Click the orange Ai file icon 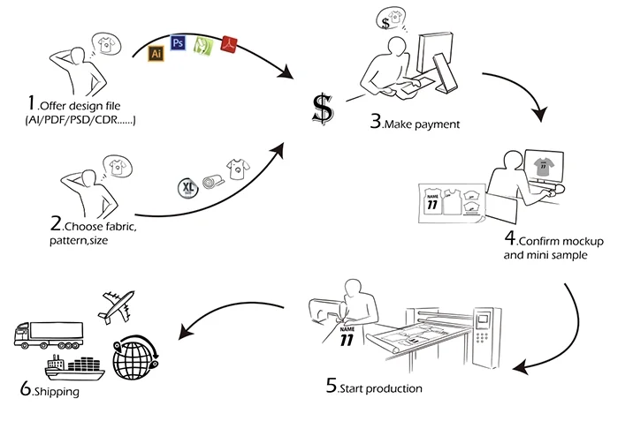(156, 52)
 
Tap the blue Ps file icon (178, 42)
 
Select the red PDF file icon (228, 41)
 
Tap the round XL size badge (188, 187)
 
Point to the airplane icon (116, 304)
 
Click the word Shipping (57, 392)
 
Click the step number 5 (331, 386)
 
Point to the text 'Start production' (381, 387)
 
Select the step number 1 (32, 104)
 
